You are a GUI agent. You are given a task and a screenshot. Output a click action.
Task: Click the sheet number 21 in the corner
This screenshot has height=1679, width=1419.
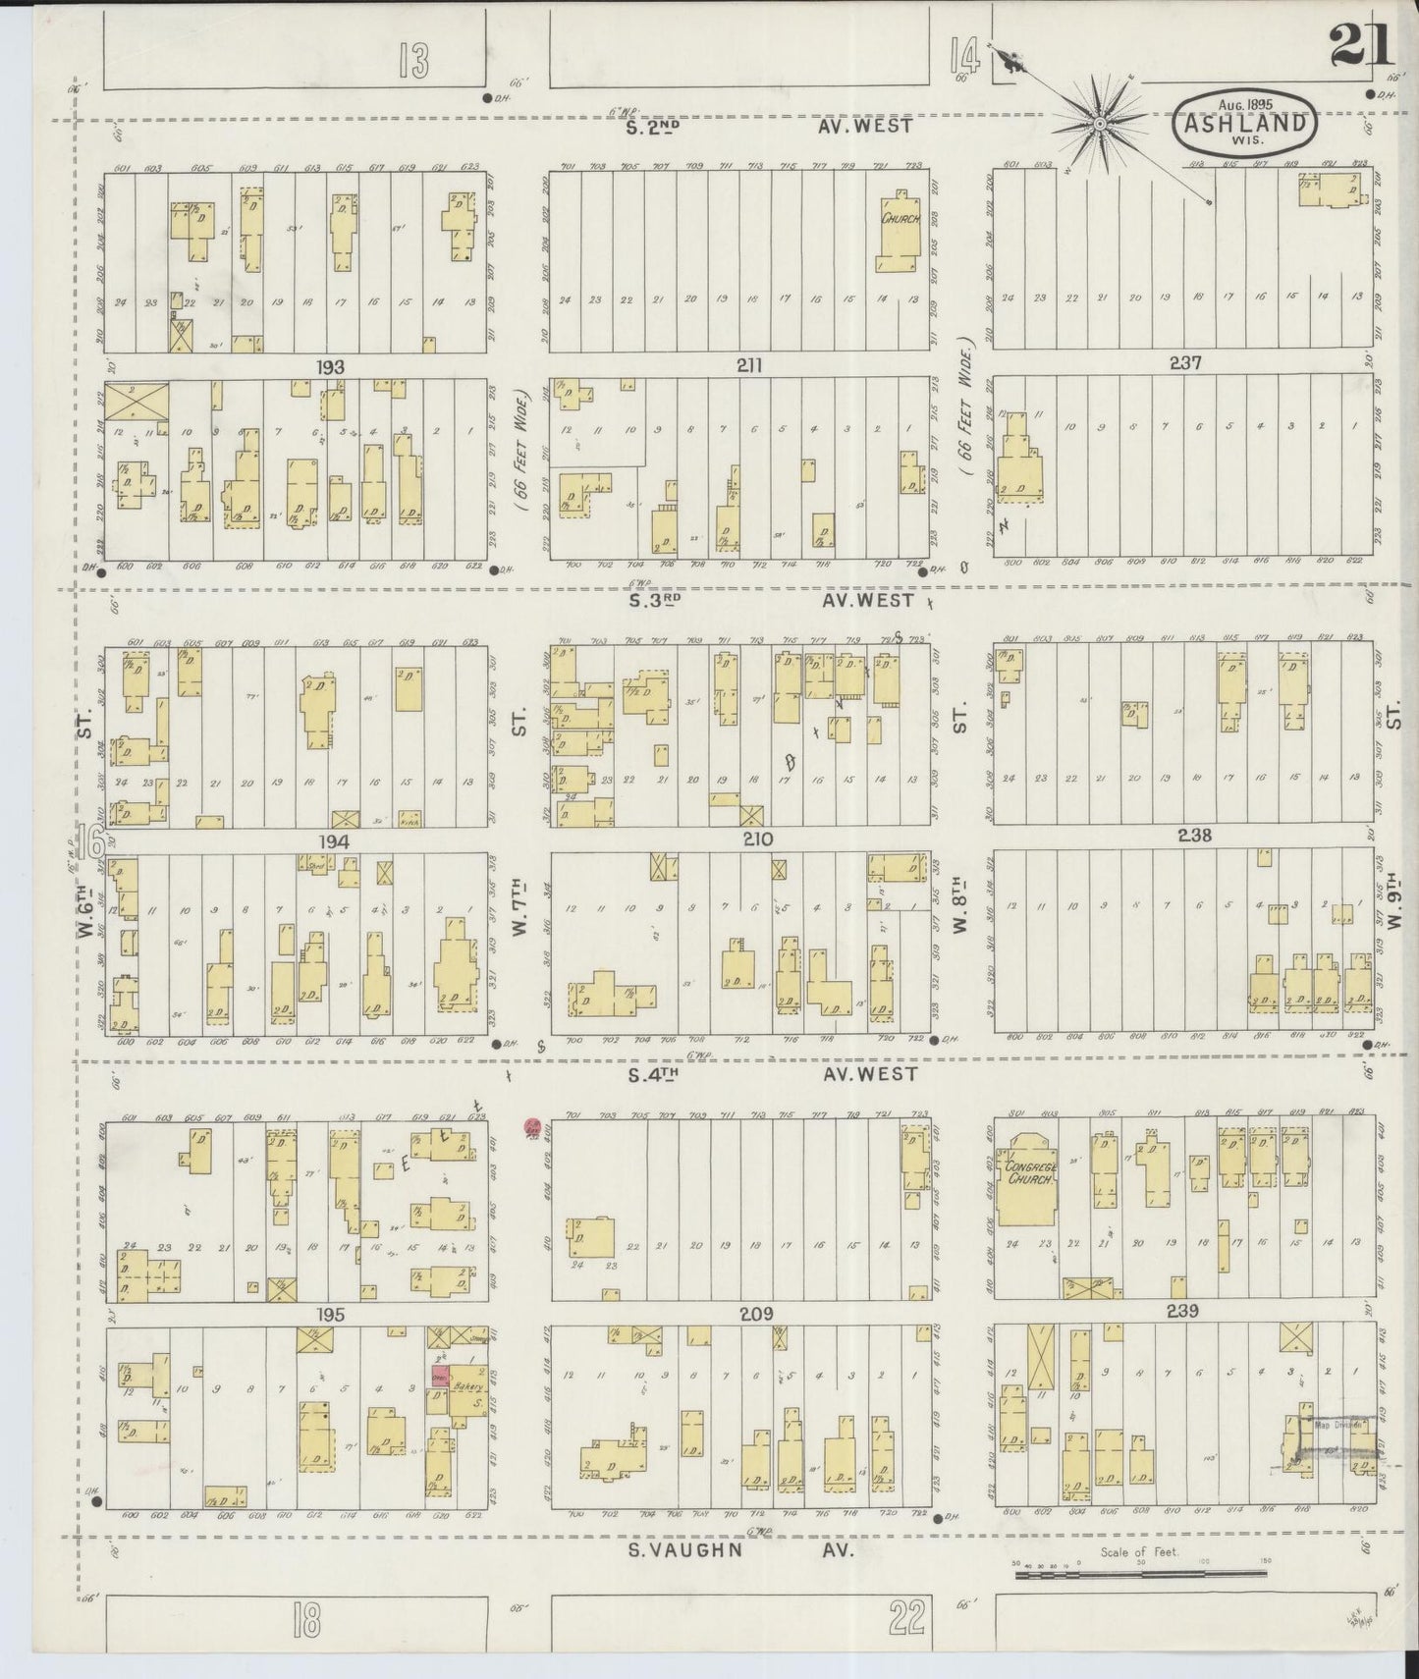coord(1361,44)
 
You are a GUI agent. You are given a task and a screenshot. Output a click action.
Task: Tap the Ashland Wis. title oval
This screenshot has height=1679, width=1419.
coord(1245,123)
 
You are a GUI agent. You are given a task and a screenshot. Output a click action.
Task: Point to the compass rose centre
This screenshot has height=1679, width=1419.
coord(1100,124)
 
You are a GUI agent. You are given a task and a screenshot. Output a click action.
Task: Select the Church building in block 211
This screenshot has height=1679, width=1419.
coord(899,220)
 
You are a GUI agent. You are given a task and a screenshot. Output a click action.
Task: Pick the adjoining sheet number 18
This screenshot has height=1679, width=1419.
coord(305,1624)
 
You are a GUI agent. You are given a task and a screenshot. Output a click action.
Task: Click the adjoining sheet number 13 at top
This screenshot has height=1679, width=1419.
coord(413,63)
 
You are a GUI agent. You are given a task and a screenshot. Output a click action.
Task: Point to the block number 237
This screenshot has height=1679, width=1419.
coord(1185,362)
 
